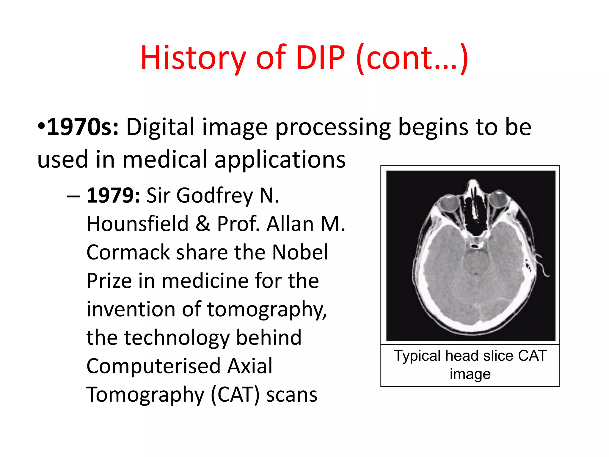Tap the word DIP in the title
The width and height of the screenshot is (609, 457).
(x=320, y=58)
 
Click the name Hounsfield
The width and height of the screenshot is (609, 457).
(x=137, y=224)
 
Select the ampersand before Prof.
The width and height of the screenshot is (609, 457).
(x=203, y=224)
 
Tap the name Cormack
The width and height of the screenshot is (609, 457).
(x=128, y=252)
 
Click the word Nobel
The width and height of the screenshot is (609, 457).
(x=300, y=252)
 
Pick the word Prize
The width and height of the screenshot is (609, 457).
(x=109, y=281)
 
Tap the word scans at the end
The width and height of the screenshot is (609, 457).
(x=292, y=395)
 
